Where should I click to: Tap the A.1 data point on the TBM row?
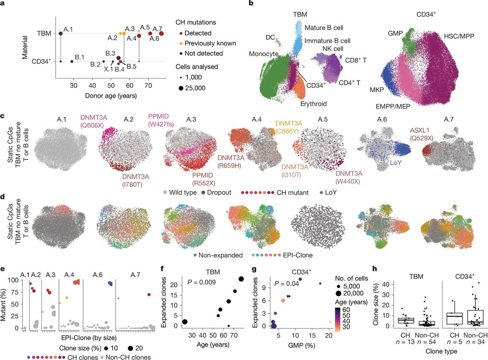point(61,33)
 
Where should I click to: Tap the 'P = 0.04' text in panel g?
point(288,283)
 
